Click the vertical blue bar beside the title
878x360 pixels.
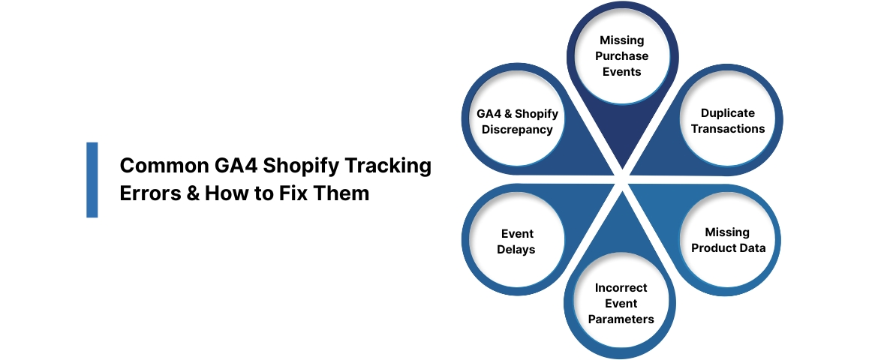pyautogui.click(x=92, y=180)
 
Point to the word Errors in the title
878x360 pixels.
pyautogui.click(x=150, y=193)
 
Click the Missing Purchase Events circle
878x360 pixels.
pyautogui.click(x=621, y=56)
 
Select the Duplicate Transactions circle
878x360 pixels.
pyautogui.click(x=727, y=121)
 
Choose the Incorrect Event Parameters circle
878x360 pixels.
pyautogui.click(x=621, y=303)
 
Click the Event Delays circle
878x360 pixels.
pyautogui.click(x=516, y=241)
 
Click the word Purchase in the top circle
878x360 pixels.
pyautogui.click(x=621, y=56)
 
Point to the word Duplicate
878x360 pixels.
pyautogui.click(x=727, y=113)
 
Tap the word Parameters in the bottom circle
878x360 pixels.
pyautogui.click(x=621, y=319)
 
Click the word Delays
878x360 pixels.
pyautogui.click(x=516, y=249)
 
